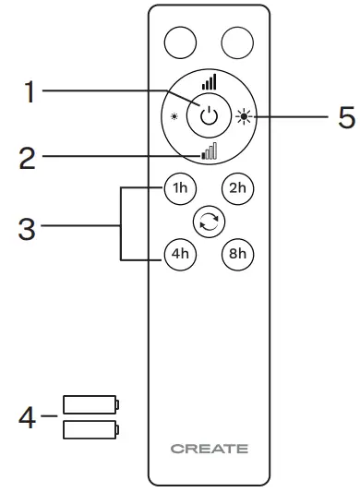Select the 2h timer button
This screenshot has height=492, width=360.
(x=238, y=187)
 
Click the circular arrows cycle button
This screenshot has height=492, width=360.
(x=210, y=220)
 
